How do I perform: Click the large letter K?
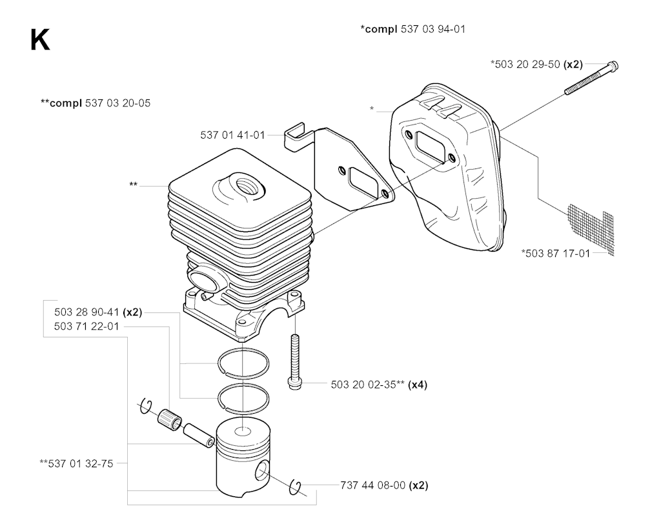coord(39,40)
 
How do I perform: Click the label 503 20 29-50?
coord(525,64)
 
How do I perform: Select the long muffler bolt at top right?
coord(591,78)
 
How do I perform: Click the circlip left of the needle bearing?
coord(146,406)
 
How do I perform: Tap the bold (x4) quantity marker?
coord(418,385)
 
